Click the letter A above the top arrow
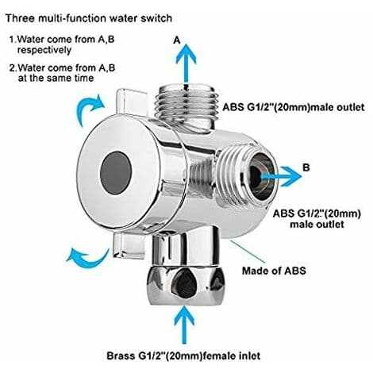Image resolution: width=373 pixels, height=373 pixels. [177, 40]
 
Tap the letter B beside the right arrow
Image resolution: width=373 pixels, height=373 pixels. [306, 167]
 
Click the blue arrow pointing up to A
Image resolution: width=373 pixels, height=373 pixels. [186, 63]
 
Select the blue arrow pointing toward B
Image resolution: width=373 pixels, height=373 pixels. [281, 176]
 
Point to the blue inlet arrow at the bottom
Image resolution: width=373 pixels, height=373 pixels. [184, 325]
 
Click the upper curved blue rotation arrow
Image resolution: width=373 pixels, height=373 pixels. [90, 110]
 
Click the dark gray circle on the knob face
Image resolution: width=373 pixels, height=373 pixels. [116, 173]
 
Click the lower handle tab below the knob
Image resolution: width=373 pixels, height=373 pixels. [129, 245]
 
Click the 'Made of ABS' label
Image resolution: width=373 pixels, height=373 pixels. [274, 271]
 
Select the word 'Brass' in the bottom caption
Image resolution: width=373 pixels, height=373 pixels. [120, 356]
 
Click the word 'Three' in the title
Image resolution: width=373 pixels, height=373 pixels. [20, 18]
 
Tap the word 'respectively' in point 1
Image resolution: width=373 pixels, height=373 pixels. [44, 50]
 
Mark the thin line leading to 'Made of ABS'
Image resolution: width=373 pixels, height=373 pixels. [248, 252]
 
